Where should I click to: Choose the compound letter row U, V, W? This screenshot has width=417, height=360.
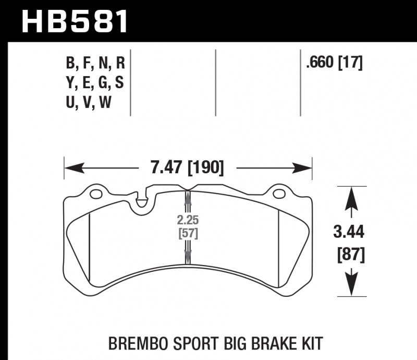point(89,103)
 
